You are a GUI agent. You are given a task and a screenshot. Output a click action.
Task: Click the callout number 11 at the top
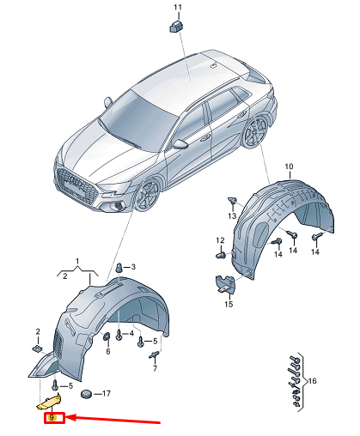[x=178, y=7]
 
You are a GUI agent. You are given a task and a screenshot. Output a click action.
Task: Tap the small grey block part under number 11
[x=176, y=27]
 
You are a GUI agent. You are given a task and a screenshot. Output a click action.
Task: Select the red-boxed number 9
[x=52, y=418]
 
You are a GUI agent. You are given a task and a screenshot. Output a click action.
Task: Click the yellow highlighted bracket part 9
[x=49, y=401]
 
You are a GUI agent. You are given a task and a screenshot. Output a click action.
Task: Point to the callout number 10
[x=289, y=167]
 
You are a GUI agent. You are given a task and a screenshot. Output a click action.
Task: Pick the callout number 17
[x=106, y=394]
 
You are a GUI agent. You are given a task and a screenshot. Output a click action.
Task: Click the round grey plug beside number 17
[x=86, y=394]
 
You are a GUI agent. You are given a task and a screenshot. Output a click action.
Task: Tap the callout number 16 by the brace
[x=312, y=381]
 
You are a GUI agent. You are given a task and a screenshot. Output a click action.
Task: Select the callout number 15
[x=229, y=304]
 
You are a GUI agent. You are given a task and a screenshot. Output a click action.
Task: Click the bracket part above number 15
[x=225, y=284]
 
